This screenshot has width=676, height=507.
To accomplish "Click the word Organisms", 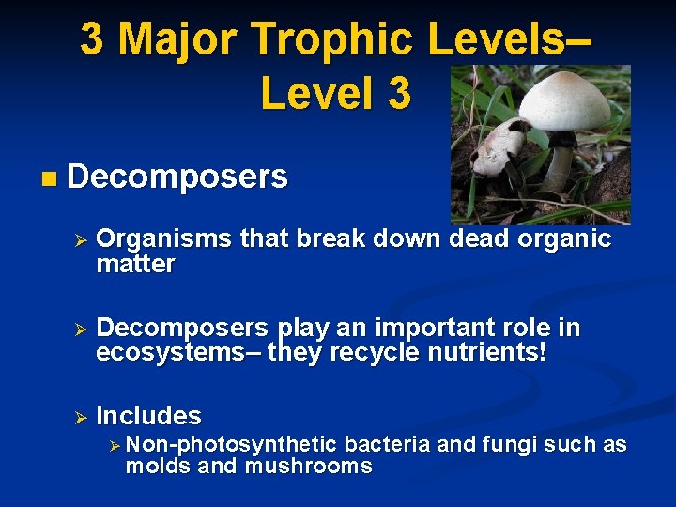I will pos(164,240).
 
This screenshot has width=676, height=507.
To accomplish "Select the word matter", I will pos(135,265).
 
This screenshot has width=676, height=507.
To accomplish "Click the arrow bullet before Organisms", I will pos(81,241).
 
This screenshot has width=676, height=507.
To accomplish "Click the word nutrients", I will pos(492,352).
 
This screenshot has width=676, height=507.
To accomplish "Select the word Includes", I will pos(148,415).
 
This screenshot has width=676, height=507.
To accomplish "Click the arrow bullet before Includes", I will pos(81,417).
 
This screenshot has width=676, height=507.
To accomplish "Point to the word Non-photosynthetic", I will pos(230,444).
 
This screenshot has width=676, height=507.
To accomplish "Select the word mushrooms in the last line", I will pos(309,466).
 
